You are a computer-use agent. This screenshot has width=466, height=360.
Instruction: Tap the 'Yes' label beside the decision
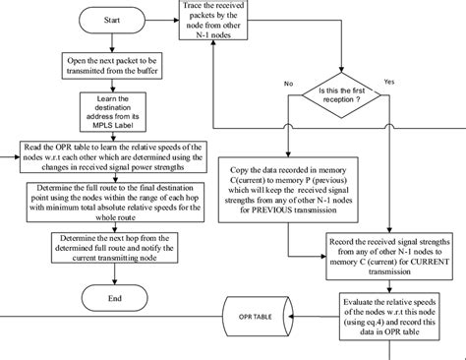388,81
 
